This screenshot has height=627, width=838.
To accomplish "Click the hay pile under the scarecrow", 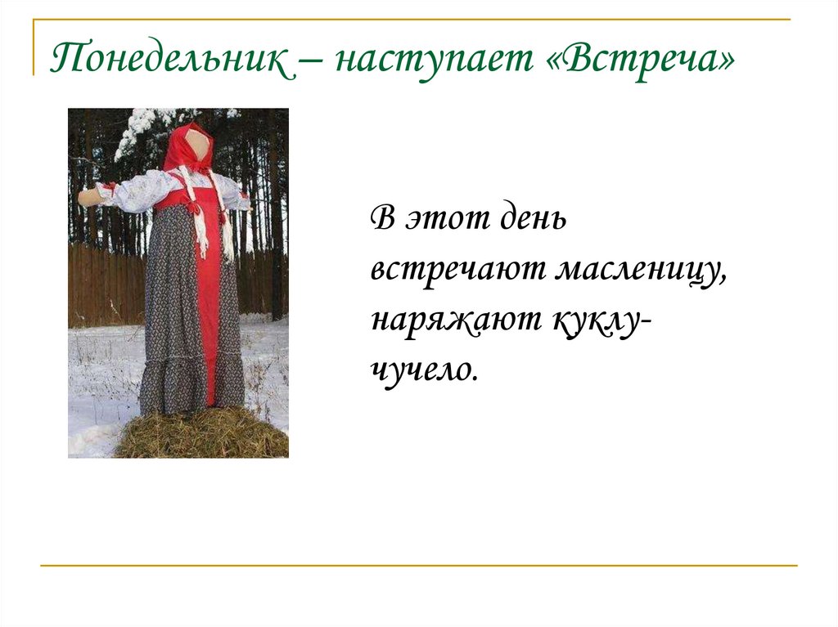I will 200,433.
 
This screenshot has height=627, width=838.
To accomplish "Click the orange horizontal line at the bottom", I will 418,565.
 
